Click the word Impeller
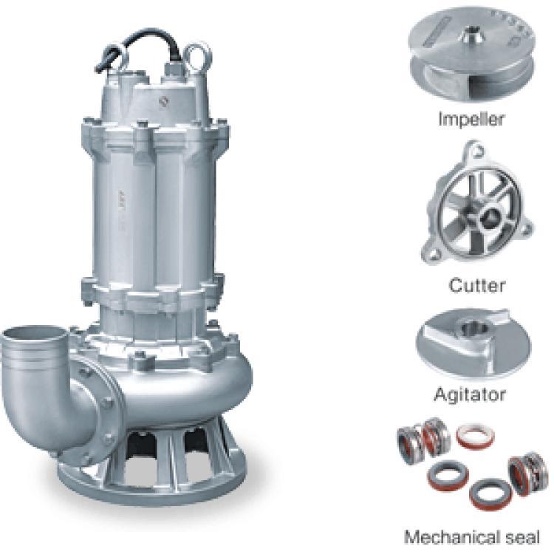click(x=471, y=120)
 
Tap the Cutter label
click(x=477, y=285)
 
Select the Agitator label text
click(x=470, y=394)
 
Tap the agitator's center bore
click(x=475, y=328)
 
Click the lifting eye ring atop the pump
click(x=197, y=57)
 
